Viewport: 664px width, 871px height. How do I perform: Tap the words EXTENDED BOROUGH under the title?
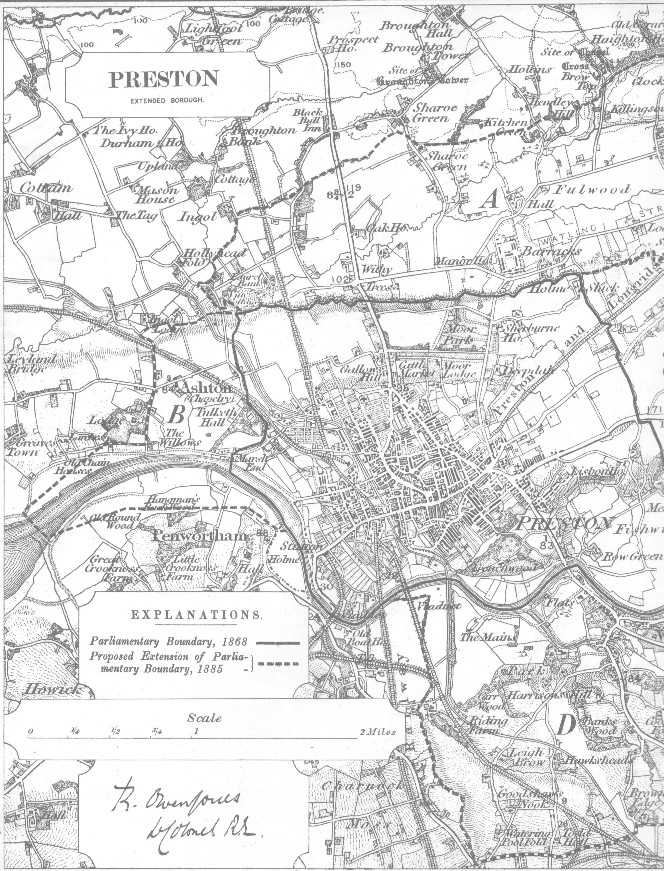point(167,100)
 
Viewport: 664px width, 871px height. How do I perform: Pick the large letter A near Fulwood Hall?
point(490,201)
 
